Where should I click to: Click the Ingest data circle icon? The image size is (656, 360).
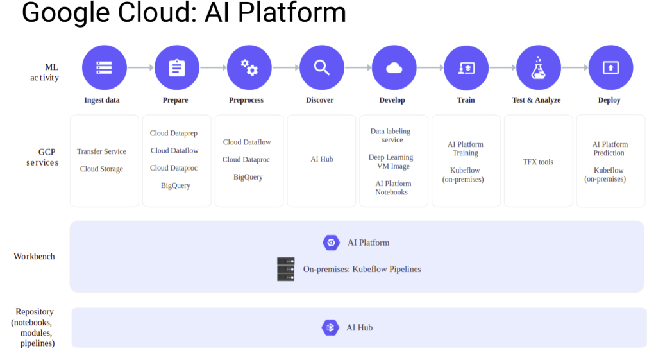point(104,67)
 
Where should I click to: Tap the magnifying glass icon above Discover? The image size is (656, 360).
point(322,67)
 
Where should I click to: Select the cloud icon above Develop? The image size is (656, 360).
point(394,68)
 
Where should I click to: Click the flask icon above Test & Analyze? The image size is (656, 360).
point(539,68)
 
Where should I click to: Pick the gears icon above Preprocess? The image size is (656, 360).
point(249,67)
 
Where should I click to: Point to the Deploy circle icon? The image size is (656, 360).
point(611,67)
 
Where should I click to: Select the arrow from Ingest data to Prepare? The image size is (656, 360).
point(140,67)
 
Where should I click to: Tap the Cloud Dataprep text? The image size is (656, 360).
point(174,133)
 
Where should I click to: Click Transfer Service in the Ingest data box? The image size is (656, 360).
point(101,151)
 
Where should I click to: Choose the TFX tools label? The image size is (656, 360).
point(538,162)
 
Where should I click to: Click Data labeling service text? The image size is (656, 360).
point(391,135)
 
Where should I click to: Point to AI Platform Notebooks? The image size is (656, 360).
point(393,187)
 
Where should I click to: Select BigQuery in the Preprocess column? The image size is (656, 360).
point(248,177)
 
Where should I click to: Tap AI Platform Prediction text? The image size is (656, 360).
point(610,149)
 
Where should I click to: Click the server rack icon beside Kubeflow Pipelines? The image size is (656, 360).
point(286,269)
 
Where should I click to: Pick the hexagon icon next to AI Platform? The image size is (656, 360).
point(331,243)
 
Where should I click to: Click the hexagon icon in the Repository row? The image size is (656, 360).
point(330,327)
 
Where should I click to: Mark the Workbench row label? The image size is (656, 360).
point(34,256)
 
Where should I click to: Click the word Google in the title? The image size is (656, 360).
point(65,13)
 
